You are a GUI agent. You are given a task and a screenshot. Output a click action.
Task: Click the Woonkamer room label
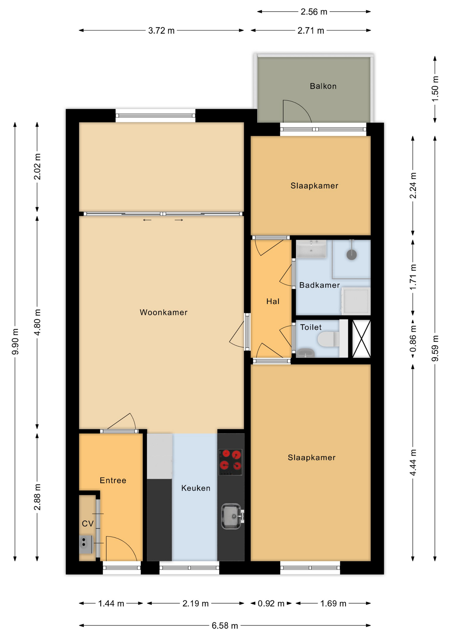[x=163, y=312]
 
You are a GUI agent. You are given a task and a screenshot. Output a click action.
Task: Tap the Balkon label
[x=323, y=86]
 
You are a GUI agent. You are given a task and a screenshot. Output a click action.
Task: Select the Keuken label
[x=196, y=488]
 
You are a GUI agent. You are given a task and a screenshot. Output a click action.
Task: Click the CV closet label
[x=87, y=524]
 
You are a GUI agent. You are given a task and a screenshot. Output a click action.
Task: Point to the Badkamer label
[x=319, y=285]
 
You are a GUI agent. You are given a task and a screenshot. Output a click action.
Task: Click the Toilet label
[x=311, y=327]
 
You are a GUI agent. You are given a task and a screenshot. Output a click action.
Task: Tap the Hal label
[x=273, y=301]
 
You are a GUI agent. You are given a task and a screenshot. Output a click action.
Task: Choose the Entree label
[x=113, y=480]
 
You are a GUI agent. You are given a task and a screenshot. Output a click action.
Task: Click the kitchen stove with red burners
[x=231, y=462]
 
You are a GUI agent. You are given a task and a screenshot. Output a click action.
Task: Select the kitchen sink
[x=232, y=516]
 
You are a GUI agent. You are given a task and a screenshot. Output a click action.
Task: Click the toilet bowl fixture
[x=328, y=339]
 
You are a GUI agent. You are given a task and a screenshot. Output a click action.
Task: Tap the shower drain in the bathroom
[x=352, y=254]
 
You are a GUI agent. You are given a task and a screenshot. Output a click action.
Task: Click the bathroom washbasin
[x=311, y=249]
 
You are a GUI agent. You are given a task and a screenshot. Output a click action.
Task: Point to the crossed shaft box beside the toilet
[x=361, y=339]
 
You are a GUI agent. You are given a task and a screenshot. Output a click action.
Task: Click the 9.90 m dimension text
[x=15, y=341]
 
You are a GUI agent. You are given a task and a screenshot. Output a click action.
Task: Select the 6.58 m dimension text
[x=225, y=626]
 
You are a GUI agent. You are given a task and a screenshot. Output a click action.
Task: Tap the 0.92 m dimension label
[x=271, y=603]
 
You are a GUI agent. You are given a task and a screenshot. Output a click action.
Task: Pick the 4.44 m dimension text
[x=413, y=462]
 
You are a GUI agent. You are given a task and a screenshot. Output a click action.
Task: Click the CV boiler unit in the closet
[x=85, y=544]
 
